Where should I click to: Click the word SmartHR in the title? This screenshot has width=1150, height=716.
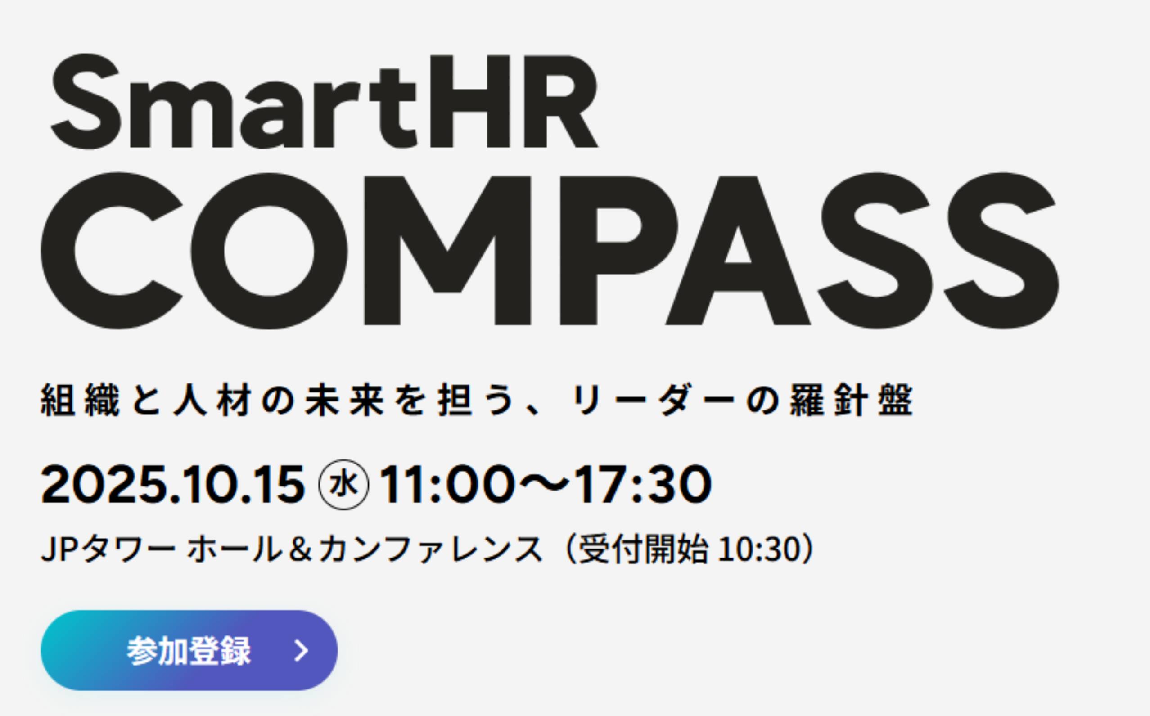pos(325,101)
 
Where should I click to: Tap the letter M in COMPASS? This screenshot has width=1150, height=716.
pos(447,251)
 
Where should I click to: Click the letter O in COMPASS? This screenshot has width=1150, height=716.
pos(269,251)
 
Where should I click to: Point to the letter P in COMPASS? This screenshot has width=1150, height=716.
pos(618,251)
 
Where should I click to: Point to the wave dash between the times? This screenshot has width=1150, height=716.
pos(546,484)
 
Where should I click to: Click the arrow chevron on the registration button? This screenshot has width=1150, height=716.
pos(301,651)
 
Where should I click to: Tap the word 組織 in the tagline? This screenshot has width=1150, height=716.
pos(81,400)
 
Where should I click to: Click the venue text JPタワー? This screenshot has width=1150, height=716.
pos(108,550)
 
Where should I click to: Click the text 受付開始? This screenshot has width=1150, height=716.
pos(644,550)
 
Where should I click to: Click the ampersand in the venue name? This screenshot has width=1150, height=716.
pos(302,550)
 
